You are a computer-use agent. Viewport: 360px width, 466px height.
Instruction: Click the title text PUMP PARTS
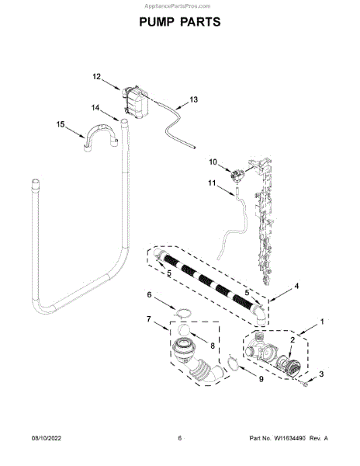tap(180, 22)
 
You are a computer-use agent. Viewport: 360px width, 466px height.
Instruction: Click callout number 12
tap(97, 77)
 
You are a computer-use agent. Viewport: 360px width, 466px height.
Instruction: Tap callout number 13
tap(193, 99)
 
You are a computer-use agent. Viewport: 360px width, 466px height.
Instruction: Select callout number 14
tap(95, 108)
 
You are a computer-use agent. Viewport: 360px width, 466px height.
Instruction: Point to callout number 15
tap(61, 124)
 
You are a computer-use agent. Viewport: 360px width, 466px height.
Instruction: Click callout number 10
tap(213, 162)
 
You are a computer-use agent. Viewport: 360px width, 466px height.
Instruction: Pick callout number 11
tap(212, 183)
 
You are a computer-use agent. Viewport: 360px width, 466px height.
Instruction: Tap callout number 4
tap(296, 286)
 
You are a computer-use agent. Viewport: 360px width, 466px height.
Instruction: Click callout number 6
tap(149, 294)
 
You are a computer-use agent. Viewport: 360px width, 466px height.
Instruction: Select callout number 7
tap(149, 319)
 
